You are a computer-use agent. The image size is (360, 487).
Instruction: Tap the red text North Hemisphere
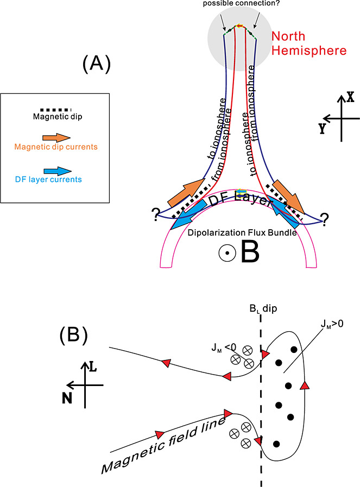(x=308, y=43)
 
